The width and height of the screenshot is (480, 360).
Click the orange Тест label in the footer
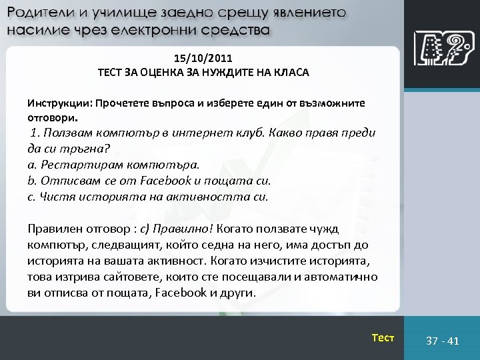tap(383, 338)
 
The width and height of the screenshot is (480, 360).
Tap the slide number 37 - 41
tap(443, 341)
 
